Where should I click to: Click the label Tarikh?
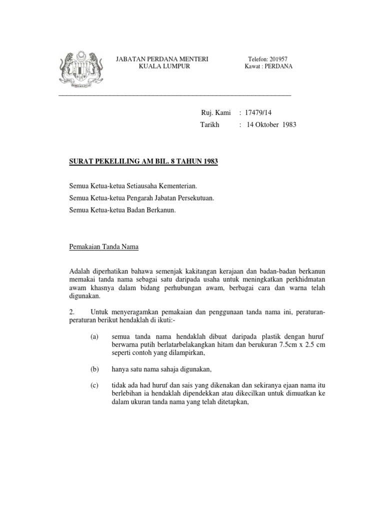(210, 125)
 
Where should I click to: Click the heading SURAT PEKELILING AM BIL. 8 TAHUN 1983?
(143, 162)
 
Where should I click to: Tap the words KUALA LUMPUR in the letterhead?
(162, 66)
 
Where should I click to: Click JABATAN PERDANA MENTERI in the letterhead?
(162, 59)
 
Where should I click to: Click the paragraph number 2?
(72, 312)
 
